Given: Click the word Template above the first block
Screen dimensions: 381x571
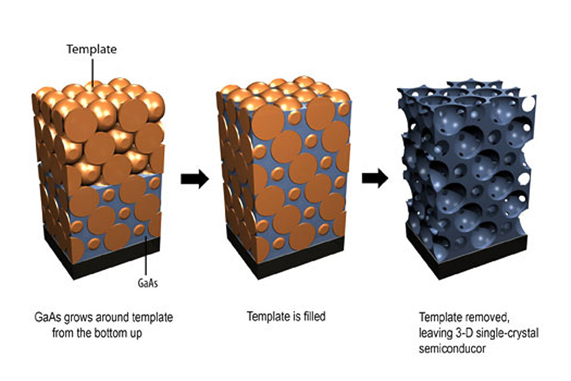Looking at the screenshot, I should [92, 49].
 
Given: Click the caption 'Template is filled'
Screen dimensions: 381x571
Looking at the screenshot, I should [286, 316].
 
